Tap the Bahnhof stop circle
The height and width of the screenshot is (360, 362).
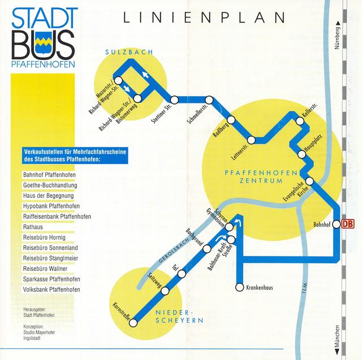pos(335,224)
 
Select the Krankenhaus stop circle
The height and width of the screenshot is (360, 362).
pos(240,287)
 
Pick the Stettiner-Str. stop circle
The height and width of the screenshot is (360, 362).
pos(175,99)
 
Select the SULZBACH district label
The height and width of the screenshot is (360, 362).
pos(129,53)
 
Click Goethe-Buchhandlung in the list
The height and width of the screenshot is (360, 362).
pos(50,185)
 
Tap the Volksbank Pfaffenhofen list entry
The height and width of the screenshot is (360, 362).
pos(51,290)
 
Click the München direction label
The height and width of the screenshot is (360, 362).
pos(338,339)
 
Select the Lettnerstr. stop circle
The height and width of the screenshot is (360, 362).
pos(251,140)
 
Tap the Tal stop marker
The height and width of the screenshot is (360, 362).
pos(181,274)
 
